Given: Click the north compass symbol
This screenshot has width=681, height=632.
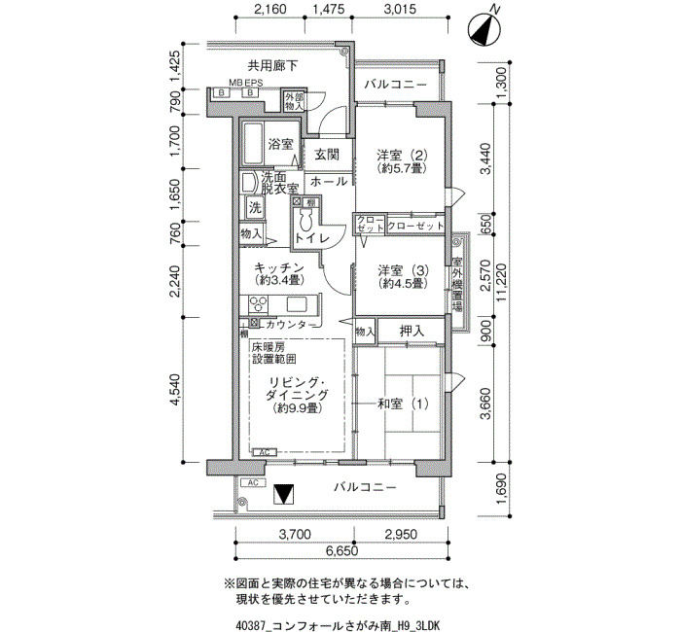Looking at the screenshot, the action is point(484,28).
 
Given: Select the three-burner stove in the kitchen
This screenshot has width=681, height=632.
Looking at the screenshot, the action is point(259,303).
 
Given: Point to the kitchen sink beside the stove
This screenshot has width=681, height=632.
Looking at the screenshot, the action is point(297,303).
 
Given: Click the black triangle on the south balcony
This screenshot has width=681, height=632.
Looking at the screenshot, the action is point(284,494).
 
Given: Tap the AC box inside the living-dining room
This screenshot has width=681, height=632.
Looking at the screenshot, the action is point(264,452).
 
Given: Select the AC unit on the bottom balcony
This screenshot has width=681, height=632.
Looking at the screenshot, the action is point(253,482).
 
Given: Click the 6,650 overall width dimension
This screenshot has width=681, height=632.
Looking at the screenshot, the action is point(341,551).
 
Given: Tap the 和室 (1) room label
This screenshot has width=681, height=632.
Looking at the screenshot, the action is point(403,404).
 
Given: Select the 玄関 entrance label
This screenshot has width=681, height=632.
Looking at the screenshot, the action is point(327,154).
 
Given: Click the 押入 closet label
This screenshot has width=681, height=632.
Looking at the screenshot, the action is point(412,332).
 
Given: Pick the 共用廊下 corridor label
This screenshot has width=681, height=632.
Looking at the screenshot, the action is point(272,66).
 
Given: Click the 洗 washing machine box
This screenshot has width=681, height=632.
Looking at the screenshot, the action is point(255,207).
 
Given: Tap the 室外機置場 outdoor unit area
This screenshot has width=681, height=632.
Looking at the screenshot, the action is point(457,285).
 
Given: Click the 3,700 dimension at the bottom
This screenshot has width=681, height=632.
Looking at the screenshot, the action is point(295,534).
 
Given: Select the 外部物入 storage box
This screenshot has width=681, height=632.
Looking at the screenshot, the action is point(294,102).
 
